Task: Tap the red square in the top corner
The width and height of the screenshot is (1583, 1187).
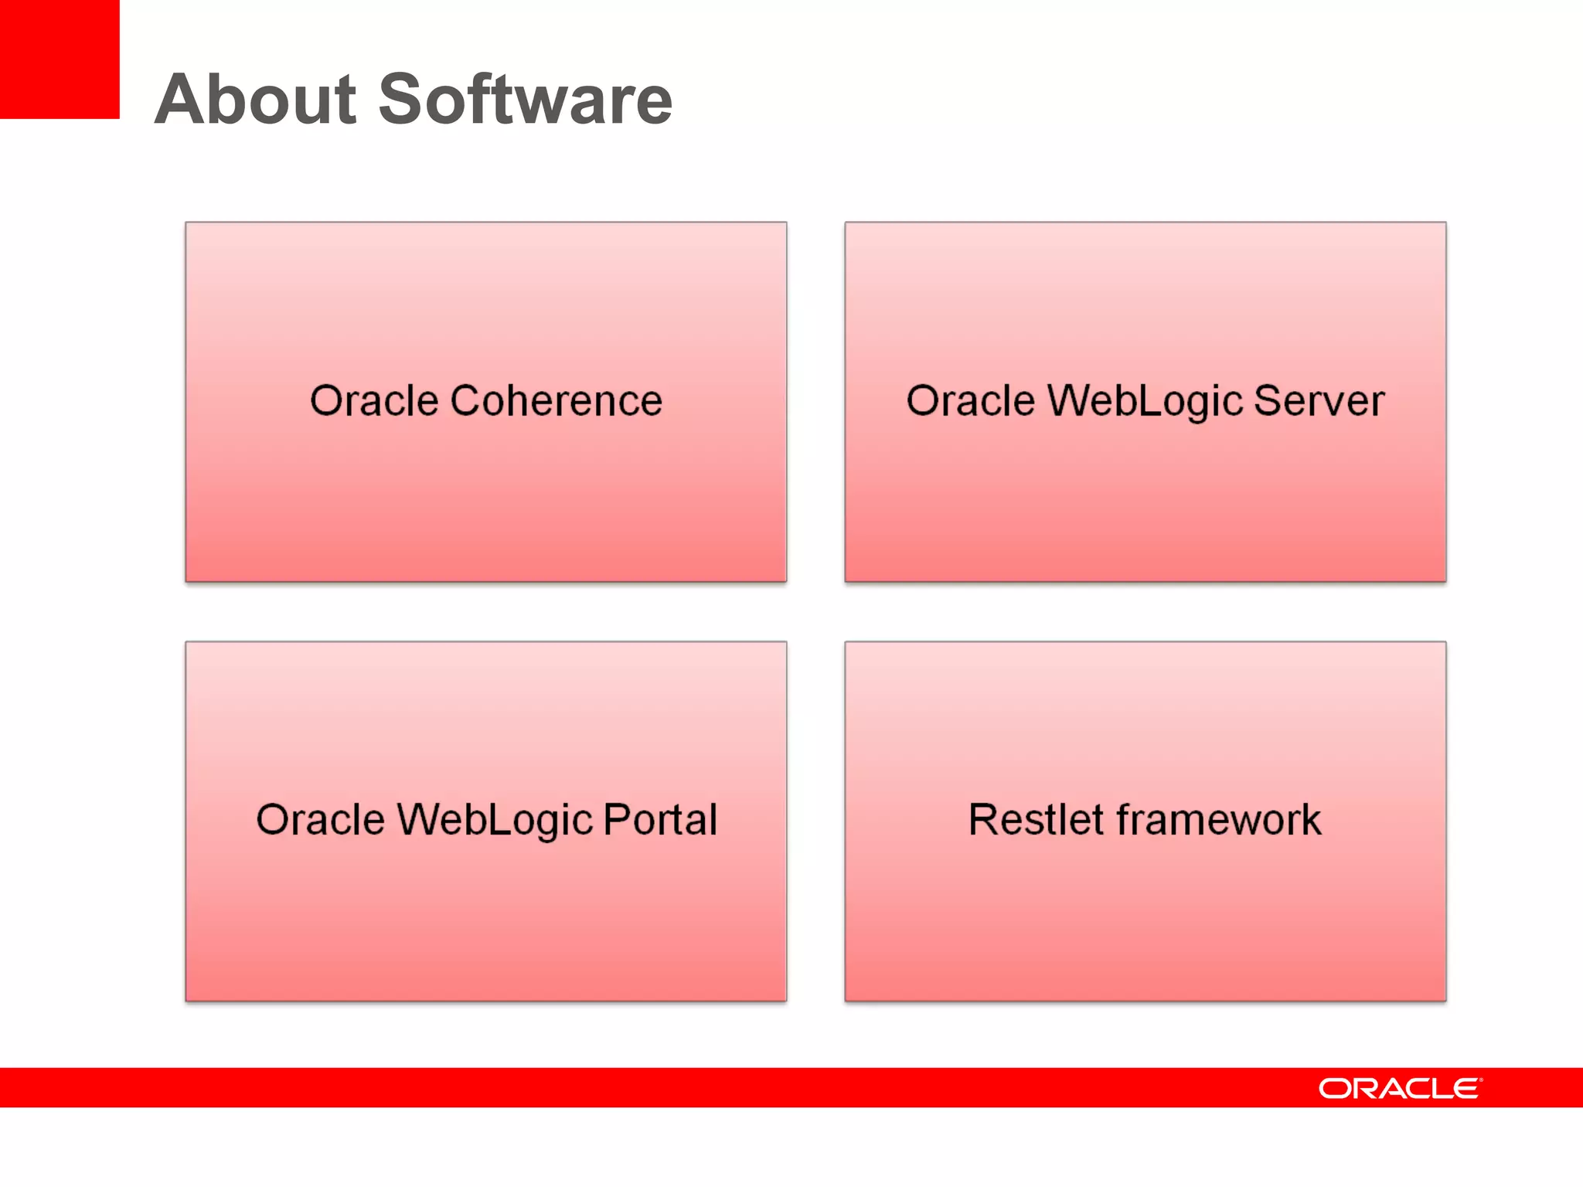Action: tap(59, 59)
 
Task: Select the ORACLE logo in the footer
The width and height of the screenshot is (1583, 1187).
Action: tap(1400, 1088)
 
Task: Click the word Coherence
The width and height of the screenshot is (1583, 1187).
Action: tap(556, 401)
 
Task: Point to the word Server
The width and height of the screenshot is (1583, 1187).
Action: tap(1319, 401)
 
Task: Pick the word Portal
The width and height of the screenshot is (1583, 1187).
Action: tap(660, 820)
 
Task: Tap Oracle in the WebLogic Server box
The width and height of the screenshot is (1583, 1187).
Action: tap(970, 401)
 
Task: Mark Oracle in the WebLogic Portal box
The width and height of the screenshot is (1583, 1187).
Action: tap(320, 820)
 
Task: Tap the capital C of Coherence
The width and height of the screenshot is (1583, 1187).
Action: tap(466, 401)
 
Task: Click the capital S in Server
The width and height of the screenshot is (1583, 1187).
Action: tap(1268, 401)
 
